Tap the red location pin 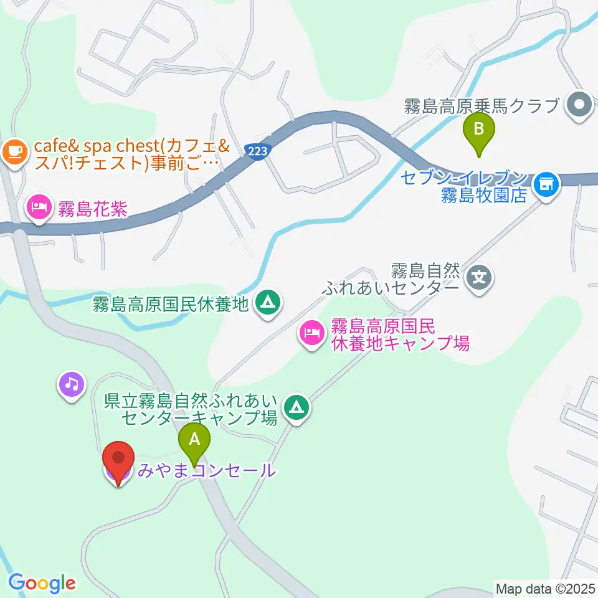pos(118,461)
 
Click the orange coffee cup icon pos(14,150)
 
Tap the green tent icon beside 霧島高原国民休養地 pos(268,303)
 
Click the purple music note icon pos(72,384)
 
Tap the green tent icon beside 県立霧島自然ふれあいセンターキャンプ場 pos(296,407)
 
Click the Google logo pos(42,584)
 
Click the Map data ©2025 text pos(546,587)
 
